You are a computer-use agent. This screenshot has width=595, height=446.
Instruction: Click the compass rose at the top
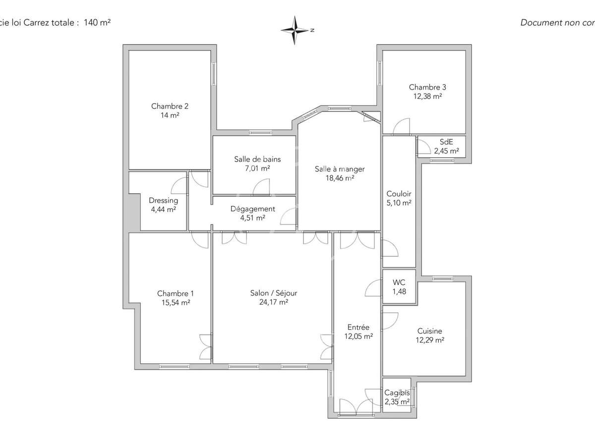click(x=296, y=30)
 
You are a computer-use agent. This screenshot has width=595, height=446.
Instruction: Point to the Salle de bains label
click(x=257, y=160)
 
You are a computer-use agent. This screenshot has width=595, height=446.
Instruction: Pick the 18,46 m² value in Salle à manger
click(x=340, y=178)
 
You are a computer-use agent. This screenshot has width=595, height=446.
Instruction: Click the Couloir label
click(x=399, y=194)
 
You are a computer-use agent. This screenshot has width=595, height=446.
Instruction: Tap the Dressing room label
click(x=163, y=201)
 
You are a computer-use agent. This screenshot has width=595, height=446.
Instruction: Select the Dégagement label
click(x=252, y=209)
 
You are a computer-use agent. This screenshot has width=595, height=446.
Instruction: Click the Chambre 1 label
click(x=172, y=293)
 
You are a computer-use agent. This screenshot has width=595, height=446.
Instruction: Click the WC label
click(x=399, y=282)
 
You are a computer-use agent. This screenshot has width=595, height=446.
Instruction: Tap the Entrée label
click(x=358, y=327)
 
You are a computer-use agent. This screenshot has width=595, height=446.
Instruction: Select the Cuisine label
click(x=429, y=331)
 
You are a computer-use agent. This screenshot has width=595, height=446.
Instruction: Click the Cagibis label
click(x=397, y=393)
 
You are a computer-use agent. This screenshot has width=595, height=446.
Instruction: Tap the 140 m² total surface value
click(x=97, y=22)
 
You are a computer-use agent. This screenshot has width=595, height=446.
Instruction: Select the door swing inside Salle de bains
click(x=262, y=187)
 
